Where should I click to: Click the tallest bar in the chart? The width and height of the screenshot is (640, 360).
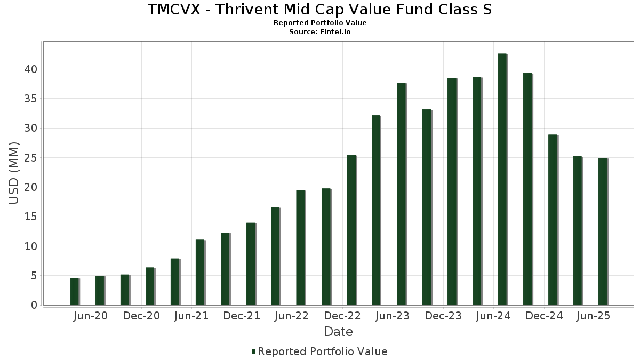pyautogui.click(x=502, y=179)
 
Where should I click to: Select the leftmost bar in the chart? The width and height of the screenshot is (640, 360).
pyautogui.click(x=74, y=291)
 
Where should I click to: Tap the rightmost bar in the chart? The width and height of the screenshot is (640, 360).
pyautogui.click(x=603, y=231)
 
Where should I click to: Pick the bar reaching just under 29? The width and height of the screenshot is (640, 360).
pyautogui.click(x=553, y=220)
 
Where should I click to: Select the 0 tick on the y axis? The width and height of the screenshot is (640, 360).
pyautogui.click(x=34, y=305)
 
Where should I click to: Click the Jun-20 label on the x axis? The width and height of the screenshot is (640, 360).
pyautogui.click(x=90, y=316)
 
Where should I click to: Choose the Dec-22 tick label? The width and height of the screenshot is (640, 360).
pyautogui.click(x=342, y=316)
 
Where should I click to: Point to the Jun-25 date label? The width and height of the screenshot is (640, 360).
pyautogui.click(x=594, y=316)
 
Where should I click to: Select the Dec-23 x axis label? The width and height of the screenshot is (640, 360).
pyautogui.click(x=443, y=316)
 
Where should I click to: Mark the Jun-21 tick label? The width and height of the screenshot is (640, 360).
pyautogui.click(x=191, y=316)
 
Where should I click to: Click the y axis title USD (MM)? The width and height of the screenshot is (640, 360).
pyautogui.click(x=14, y=173)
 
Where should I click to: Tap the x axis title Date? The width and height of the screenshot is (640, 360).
pyautogui.click(x=338, y=332)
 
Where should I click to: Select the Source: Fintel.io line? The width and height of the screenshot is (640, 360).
pyautogui.click(x=320, y=31)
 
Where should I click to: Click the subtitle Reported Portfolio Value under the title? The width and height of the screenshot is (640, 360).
pyautogui.click(x=320, y=23)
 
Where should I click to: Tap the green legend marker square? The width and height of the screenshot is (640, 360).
pyautogui.click(x=254, y=351)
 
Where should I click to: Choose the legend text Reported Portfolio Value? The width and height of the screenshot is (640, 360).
pyautogui.click(x=323, y=351)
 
